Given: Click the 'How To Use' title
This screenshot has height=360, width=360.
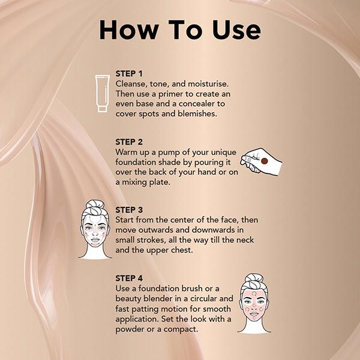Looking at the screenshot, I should pos(180,30).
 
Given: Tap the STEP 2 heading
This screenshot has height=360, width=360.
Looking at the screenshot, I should pos(131,142).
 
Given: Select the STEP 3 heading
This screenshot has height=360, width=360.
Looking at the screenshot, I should pos(131,211).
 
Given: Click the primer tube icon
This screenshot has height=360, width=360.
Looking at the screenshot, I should pos(103,94).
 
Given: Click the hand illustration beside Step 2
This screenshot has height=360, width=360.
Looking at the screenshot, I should pos(260,161).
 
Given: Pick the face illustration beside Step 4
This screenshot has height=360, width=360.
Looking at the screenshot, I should pos(253,303).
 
